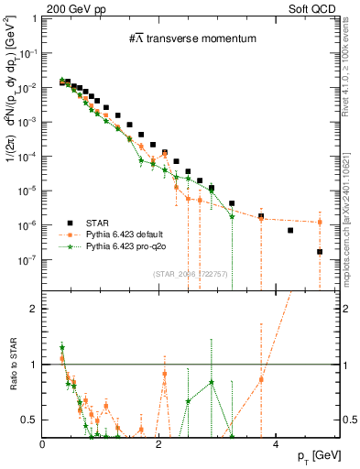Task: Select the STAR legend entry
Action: click(101, 223)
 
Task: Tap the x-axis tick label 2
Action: click(159, 444)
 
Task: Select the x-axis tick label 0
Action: click(43, 444)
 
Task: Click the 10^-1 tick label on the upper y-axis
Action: click(29, 53)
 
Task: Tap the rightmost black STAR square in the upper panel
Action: click(320, 251)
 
